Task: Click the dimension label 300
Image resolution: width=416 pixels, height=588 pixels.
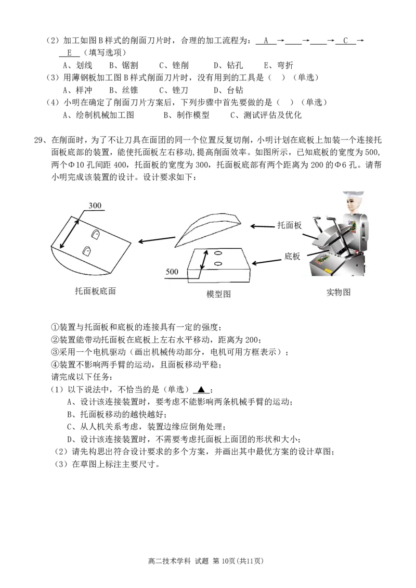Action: pos(95,205)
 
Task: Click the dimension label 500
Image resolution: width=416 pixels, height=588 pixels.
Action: pos(172,272)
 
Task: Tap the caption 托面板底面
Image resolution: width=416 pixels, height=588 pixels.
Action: pos(95,291)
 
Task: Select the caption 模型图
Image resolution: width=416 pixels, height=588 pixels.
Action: pos(218,294)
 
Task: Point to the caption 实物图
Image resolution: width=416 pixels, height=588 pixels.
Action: pos(339,292)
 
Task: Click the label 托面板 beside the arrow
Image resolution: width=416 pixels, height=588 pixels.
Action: pos(289,225)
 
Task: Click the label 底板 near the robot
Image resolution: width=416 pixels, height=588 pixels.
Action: pos(292,256)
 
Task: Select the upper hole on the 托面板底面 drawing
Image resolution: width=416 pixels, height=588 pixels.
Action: pos(96,234)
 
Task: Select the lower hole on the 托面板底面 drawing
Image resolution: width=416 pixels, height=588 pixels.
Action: pos(87,250)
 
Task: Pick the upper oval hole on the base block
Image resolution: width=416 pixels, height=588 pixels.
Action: pos(218,253)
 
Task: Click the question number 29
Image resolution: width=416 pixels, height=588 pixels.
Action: pos(39,140)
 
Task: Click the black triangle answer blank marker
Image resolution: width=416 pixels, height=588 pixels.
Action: pos(202,389)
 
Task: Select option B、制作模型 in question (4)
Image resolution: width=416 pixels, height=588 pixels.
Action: pos(186,115)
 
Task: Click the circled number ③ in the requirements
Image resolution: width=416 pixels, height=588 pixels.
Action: pos(55,352)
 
